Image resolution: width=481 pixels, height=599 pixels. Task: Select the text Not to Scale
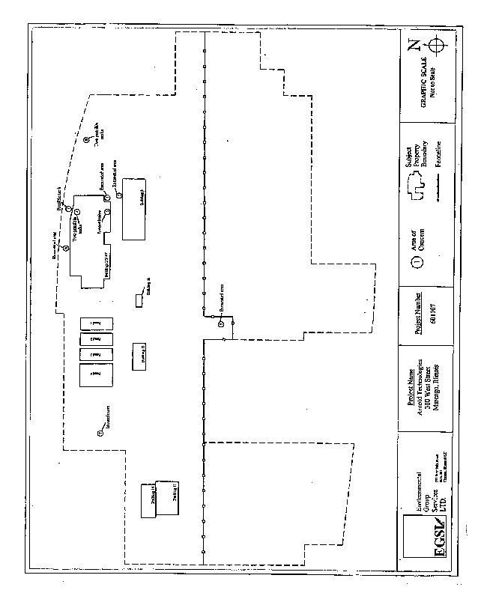point(434,85)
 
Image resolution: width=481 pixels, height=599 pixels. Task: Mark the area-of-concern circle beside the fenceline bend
point(221,323)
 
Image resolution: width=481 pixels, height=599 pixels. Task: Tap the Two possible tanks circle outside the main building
point(86,139)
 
